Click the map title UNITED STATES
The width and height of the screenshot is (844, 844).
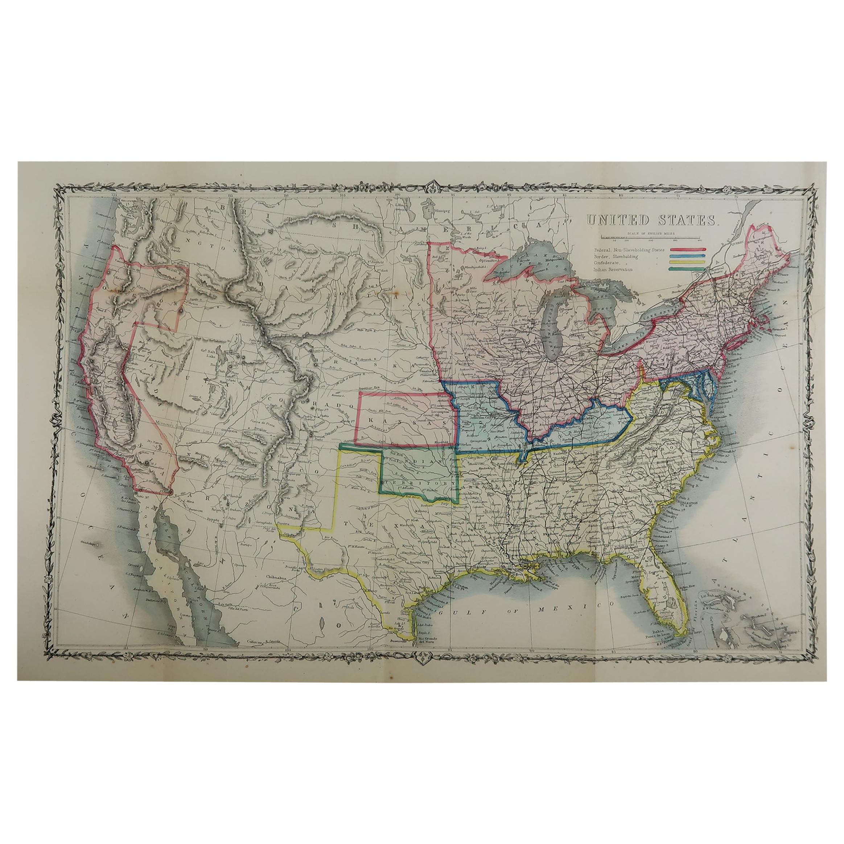652,220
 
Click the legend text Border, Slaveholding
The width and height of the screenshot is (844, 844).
616,256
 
